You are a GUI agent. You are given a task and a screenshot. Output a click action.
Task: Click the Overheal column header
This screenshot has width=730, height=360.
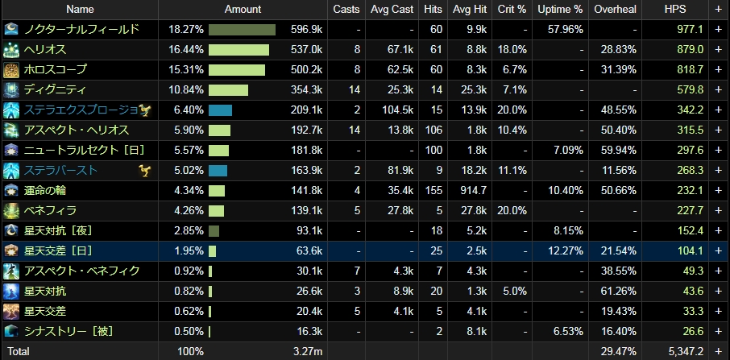(615, 10)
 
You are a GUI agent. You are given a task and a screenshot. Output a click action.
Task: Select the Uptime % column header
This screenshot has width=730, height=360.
(560, 10)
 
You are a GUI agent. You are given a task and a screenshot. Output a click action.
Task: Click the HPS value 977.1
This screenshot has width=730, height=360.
(690, 30)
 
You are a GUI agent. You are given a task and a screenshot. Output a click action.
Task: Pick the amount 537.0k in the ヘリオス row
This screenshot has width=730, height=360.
(306, 50)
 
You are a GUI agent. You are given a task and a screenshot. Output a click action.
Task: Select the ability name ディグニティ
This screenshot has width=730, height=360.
(55, 90)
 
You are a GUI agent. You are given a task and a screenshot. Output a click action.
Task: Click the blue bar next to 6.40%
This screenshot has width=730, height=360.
(220, 110)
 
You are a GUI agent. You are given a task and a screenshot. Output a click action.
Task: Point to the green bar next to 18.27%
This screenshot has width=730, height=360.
(242, 30)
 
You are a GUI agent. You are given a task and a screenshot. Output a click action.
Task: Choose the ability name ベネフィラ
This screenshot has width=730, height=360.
(50, 211)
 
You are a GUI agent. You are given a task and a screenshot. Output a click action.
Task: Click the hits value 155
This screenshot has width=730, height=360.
(433, 191)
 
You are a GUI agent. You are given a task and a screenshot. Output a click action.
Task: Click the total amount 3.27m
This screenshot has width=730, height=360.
(308, 352)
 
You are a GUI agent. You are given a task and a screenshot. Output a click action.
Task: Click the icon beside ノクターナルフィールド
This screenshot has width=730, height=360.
(11, 30)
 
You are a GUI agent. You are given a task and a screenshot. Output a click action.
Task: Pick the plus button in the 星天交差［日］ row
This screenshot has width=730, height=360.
(719, 251)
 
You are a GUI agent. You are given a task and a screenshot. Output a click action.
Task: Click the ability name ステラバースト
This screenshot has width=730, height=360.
(61, 171)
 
